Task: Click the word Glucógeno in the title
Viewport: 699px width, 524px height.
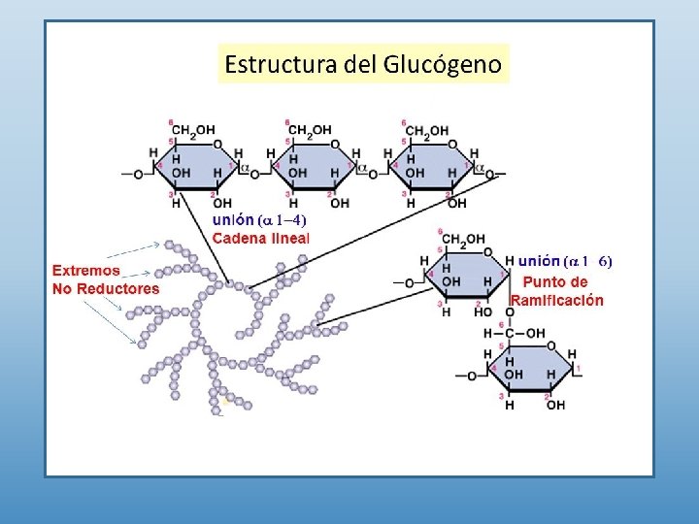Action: click(x=444, y=65)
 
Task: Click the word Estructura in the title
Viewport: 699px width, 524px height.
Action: click(x=281, y=65)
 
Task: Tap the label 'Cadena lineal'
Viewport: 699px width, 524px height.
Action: click(x=260, y=237)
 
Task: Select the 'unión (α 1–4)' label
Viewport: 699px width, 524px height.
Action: click(x=259, y=220)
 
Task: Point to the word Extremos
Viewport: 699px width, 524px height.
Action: click(x=86, y=271)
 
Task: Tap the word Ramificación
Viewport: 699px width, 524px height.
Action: click(x=556, y=301)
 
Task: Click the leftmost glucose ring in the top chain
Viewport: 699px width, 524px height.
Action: click(x=196, y=164)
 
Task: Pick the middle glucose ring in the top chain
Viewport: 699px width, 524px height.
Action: click(x=313, y=164)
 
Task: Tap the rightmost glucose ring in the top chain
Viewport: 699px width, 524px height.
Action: click(x=430, y=164)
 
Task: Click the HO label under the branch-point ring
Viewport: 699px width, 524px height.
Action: click(x=483, y=312)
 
